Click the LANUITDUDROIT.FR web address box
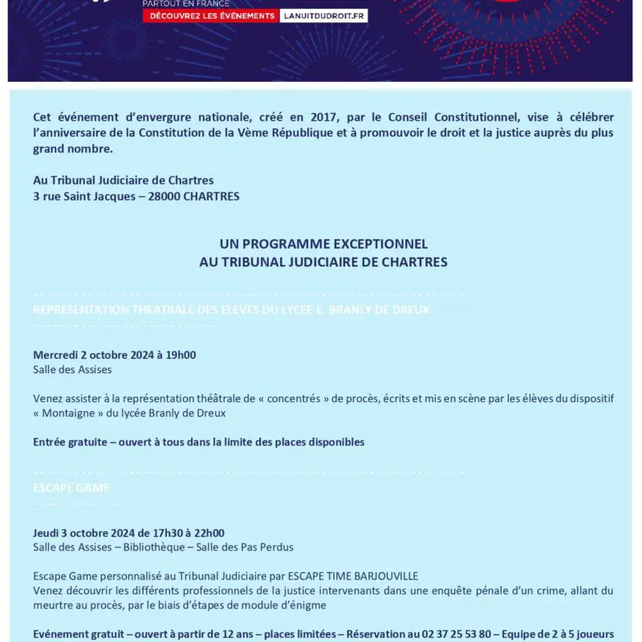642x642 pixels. (323, 16)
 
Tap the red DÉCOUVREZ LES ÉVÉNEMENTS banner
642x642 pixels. (209, 16)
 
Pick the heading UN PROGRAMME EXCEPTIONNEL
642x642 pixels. (323, 244)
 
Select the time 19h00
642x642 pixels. (181, 355)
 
